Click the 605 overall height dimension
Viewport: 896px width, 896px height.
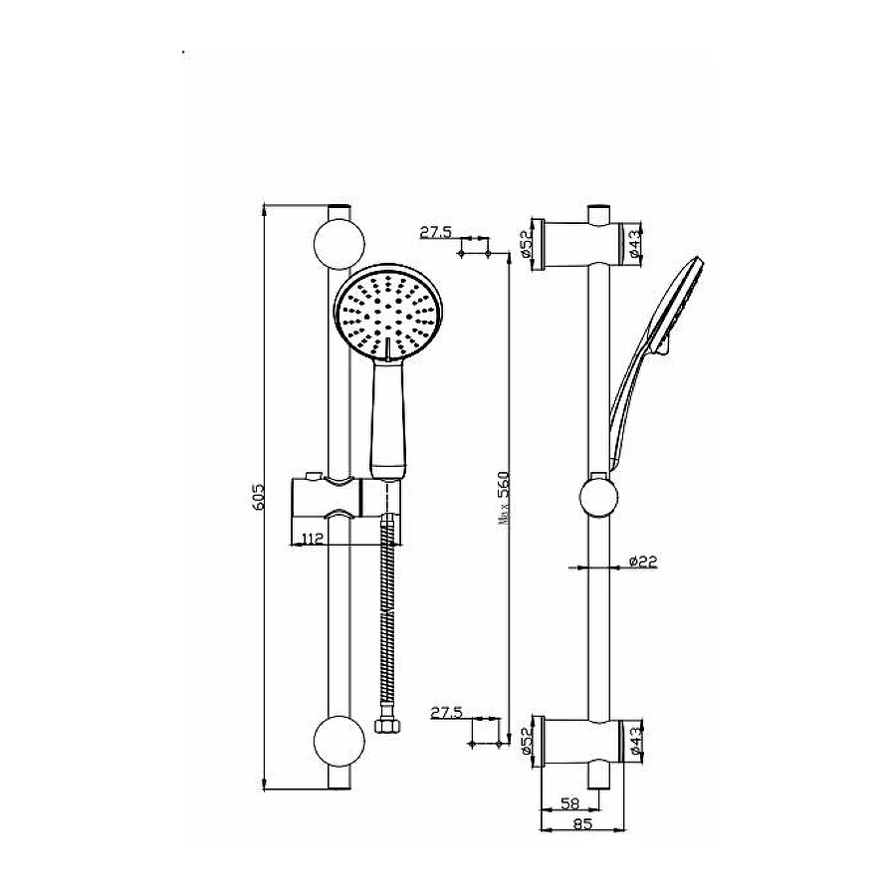coord(259,497)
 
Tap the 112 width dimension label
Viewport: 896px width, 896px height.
coord(313,538)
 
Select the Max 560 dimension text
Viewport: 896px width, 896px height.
coord(503,498)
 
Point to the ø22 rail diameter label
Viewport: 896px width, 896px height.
coord(643,561)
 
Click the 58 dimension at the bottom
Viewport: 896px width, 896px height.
coord(569,803)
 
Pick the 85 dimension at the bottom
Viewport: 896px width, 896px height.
coord(582,823)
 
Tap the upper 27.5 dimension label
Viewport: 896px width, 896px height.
coord(435,232)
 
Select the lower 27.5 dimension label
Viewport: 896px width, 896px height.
coord(446,713)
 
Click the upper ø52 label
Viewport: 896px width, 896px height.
coord(527,245)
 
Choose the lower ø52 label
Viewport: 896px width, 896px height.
coord(527,741)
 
